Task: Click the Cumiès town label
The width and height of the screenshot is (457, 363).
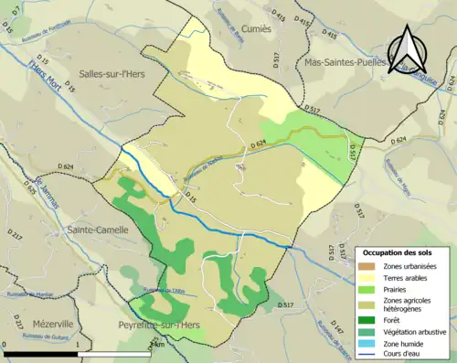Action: coord(257,28)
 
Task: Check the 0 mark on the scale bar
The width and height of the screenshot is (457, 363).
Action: coord(5,344)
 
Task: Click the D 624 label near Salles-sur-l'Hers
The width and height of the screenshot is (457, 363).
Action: coord(64,165)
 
